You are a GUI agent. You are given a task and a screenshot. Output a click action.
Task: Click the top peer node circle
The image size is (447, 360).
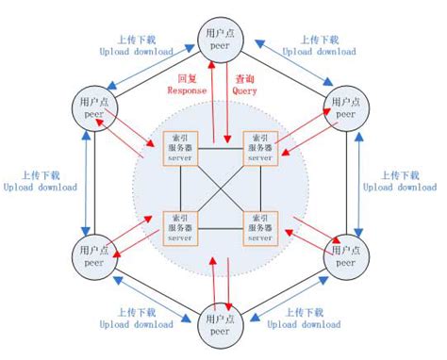pyautogui.click(x=223, y=40)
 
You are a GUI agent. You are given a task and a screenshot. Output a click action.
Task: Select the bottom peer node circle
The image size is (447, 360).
pyautogui.click(x=223, y=324)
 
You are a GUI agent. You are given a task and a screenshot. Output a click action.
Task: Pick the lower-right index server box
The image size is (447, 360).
pyautogui.click(x=261, y=226)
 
